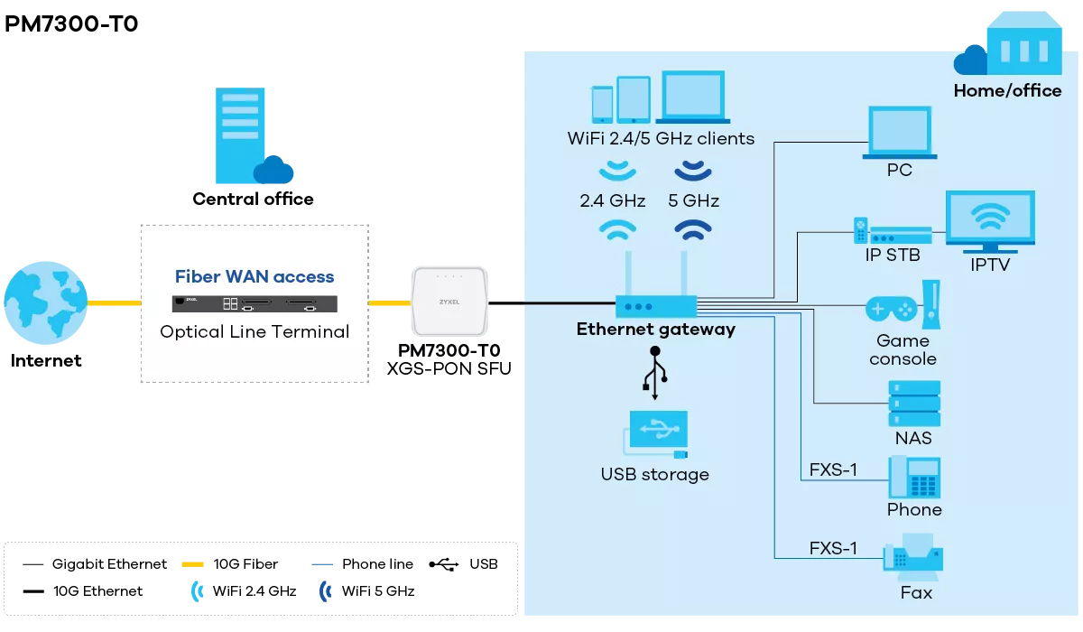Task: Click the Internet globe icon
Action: [44, 302]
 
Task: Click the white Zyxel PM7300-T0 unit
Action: [449, 302]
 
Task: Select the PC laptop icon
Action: [899, 133]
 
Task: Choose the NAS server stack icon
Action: [914, 403]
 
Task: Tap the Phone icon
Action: [914, 478]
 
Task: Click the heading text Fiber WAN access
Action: [255, 277]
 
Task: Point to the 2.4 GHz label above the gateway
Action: [613, 200]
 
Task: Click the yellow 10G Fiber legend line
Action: [194, 564]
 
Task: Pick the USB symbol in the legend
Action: [444, 564]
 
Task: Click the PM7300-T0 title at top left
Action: [72, 23]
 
